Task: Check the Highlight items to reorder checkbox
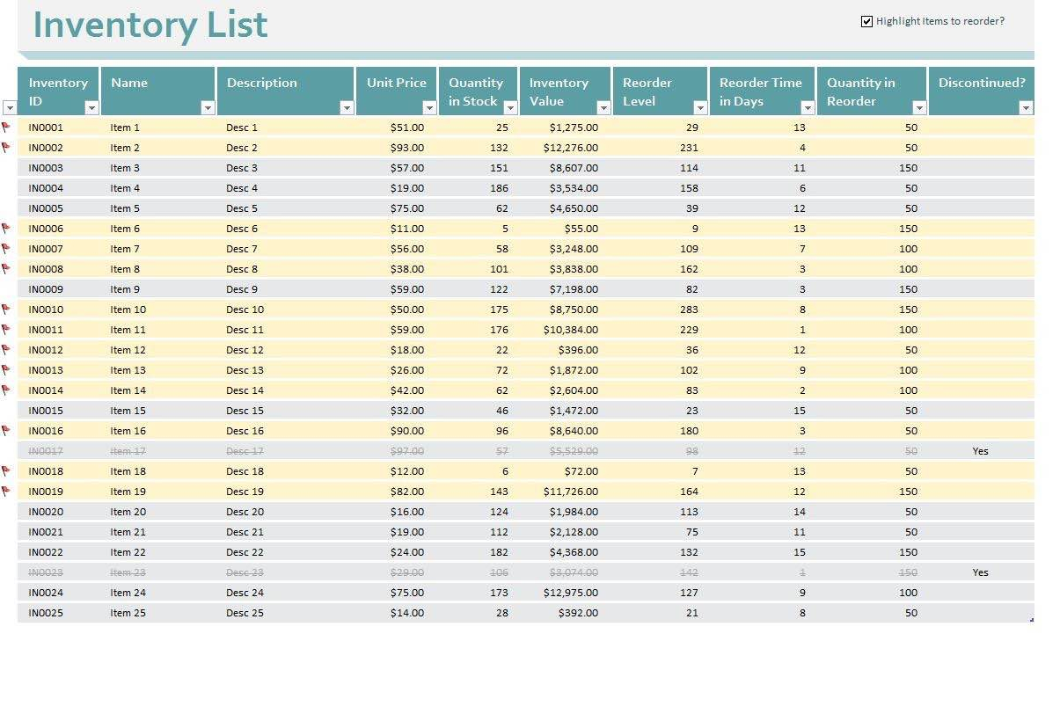[866, 21]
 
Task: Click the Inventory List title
[150, 25]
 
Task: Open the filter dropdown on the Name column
[208, 108]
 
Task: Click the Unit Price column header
[396, 83]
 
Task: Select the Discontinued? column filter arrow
[1025, 108]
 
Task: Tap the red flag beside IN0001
[6, 127]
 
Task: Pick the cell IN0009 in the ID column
[46, 289]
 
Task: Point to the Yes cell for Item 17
[980, 451]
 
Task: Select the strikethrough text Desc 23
[245, 572]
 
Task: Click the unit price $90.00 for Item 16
[407, 431]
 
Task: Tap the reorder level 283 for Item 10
[689, 310]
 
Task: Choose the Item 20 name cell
[128, 512]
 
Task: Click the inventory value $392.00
[578, 613]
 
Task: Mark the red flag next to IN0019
[6, 491]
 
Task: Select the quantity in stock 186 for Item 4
[499, 188]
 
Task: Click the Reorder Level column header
[647, 91]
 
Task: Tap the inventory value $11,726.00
[571, 492]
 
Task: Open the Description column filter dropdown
[347, 108]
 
